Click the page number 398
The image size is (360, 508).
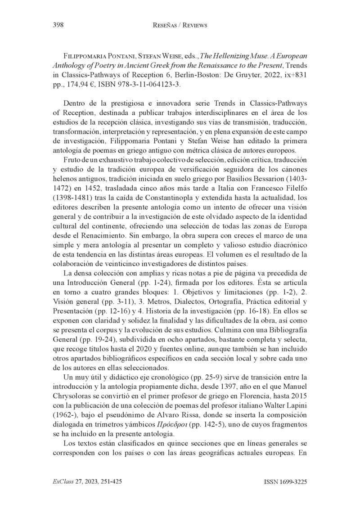(x=57, y=25)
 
